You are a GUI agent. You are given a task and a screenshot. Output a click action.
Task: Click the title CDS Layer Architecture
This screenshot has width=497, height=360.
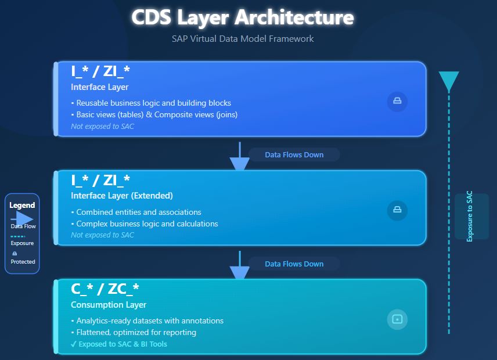(x=242, y=17)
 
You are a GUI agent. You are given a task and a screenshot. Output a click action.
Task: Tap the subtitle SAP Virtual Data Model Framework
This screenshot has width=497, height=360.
(x=242, y=39)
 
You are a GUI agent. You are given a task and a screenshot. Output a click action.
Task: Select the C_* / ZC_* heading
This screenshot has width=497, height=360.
(x=105, y=289)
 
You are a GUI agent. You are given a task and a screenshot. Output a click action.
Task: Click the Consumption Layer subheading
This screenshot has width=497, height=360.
(x=109, y=305)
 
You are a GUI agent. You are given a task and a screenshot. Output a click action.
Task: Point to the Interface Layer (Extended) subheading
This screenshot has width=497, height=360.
(x=122, y=196)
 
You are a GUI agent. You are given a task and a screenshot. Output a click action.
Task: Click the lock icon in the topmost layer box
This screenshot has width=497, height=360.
(x=397, y=101)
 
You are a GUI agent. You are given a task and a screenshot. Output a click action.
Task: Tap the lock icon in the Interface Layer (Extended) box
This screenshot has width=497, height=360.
(x=397, y=210)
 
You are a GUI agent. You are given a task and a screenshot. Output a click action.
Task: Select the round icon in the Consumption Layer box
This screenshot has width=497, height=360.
(x=397, y=319)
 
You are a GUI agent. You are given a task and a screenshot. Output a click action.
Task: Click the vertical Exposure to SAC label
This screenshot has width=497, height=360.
(x=470, y=216)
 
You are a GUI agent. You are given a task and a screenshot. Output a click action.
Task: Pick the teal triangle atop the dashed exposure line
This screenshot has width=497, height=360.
(x=449, y=81)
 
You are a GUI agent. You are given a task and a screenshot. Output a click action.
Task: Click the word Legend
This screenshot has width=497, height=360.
(x=22, y=205)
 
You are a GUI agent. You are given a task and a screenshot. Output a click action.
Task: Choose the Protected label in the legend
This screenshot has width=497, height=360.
(x=23, y=262)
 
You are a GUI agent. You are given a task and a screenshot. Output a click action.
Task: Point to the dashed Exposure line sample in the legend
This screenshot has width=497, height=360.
(x=17, y=237)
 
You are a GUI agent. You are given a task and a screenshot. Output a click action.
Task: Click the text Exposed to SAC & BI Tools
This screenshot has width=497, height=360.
(x=123, y=344)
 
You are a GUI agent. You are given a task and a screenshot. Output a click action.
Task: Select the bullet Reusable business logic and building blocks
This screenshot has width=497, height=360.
(x=154, y=103)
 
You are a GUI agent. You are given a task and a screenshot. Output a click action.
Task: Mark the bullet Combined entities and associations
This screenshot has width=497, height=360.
(x=139, y=212)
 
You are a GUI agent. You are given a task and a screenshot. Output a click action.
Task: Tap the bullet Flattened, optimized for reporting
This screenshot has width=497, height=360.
(x=136, y=332)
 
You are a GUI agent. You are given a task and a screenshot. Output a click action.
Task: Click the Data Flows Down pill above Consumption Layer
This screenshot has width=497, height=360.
(x=294, y=264)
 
